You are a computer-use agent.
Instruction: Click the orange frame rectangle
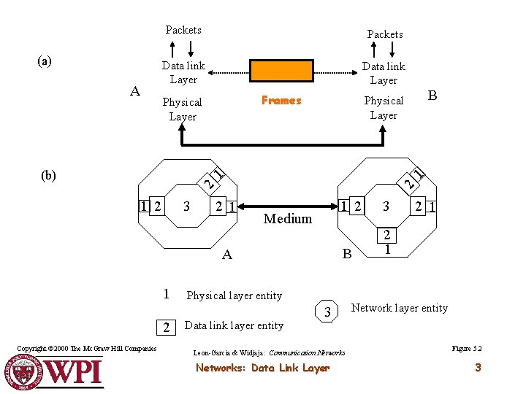point(281,71)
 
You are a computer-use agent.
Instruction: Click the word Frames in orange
point(281,101)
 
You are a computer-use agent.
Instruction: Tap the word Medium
point(287,218)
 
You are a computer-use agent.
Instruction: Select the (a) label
point(45,61)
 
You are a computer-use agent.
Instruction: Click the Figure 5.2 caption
point(467,349)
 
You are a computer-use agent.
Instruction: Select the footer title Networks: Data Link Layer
point(262,368)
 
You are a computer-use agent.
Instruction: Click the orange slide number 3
point(478,368)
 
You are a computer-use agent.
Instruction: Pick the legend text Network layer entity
point(400,308)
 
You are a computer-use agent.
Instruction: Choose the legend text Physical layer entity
point(234,295)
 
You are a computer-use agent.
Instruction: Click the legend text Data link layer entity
point(234,325)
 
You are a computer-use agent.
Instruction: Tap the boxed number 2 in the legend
point(167,326)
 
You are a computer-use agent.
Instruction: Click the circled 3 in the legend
point(328,312)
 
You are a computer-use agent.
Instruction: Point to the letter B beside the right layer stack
point(432,95)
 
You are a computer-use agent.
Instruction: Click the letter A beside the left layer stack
point(134,91)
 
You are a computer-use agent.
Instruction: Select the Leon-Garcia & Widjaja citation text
point(269,352)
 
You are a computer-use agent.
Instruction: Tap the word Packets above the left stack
point(183,30)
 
